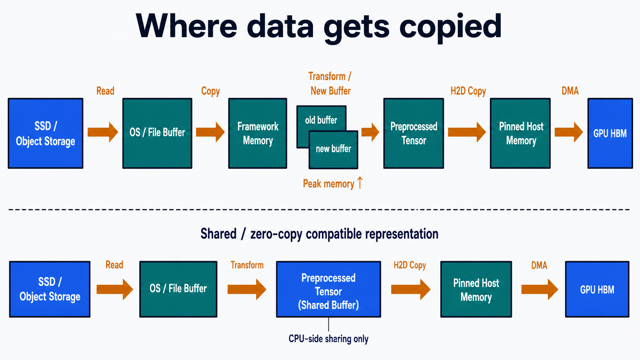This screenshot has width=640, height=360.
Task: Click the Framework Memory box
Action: coord(258,133)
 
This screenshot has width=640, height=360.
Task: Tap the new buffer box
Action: coord(333,150)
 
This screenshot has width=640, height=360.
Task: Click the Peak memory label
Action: coord(328,184)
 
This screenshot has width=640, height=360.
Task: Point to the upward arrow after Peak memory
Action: coord(360,183)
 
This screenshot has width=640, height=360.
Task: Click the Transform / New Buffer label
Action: coord(330,84)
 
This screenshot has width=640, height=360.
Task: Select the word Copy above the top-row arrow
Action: coord(210,91)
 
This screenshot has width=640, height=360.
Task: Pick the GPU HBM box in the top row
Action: coord(610,133)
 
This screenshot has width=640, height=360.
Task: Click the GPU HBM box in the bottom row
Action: coord(597,289)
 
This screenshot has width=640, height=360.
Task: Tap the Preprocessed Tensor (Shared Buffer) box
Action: coord(328,289)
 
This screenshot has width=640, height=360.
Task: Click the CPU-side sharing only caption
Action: coord(328,339)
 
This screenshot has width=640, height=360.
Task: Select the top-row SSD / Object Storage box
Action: coord(46,133)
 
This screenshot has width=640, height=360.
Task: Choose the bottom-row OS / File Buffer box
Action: coord(178,289)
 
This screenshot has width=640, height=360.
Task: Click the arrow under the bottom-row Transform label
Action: coord(247,290)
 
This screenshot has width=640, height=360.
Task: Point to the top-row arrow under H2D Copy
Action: coord(467,132)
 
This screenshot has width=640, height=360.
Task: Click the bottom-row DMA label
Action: coord(539,265)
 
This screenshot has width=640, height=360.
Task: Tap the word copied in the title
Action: coord(450,28)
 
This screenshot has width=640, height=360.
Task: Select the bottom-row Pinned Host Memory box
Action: coord(476,289)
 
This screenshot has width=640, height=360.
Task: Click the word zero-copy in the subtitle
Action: coord(276,234)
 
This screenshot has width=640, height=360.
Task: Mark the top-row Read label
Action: coord(105,91)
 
